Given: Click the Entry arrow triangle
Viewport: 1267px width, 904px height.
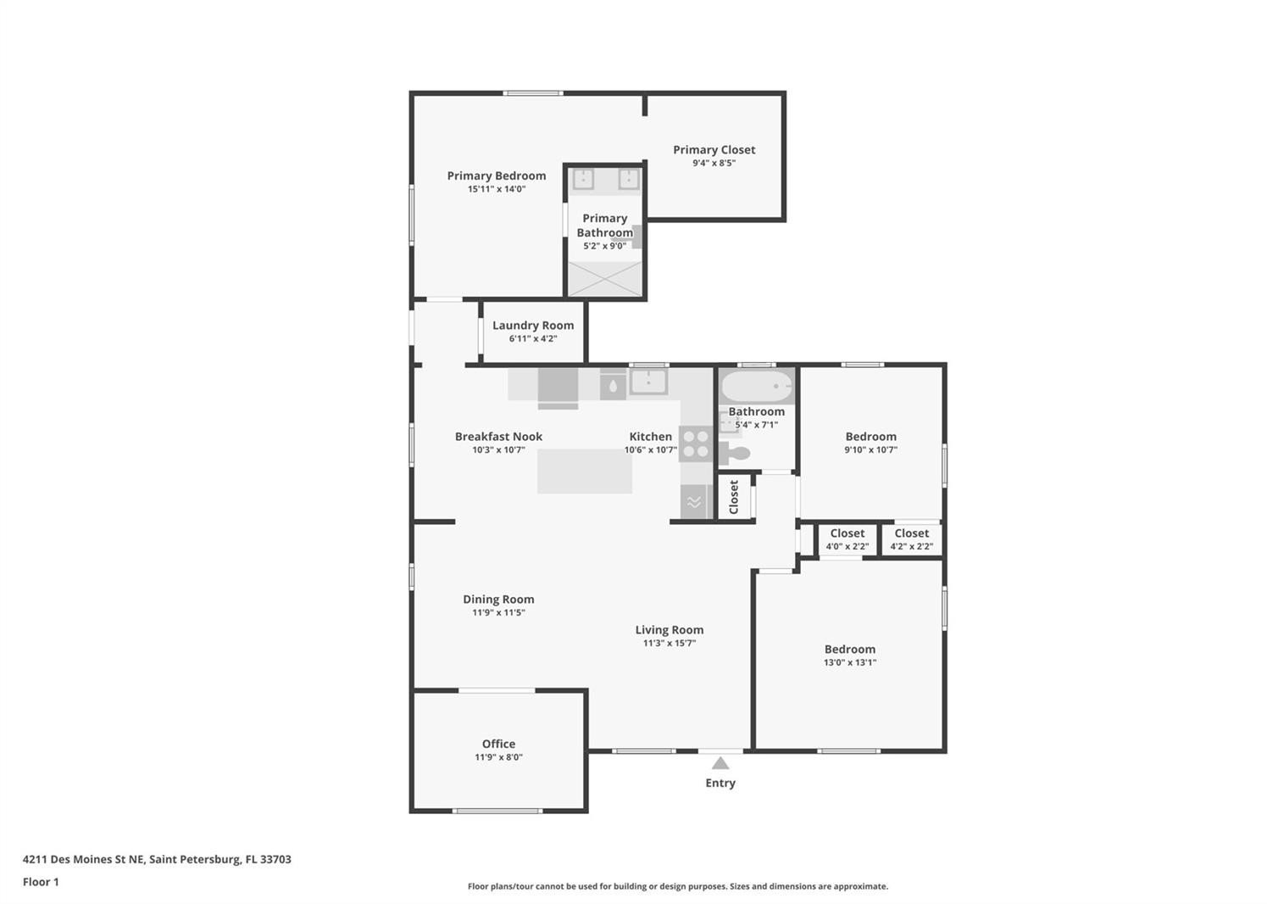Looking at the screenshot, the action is click(x=720, y=763).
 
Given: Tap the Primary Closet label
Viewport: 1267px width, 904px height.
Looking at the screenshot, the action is click(x=714, y=150).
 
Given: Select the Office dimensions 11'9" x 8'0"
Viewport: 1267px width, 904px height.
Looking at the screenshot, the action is click(x=498, y=757).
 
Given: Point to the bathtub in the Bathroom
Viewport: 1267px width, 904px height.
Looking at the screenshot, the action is click(x=757, y=386).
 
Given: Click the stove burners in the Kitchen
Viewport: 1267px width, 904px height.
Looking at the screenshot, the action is click(x=697, y=444).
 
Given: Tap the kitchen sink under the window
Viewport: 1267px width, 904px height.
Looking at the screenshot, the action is click(x=648, y=381).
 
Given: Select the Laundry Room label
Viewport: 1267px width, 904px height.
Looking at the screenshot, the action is click(x=533, y=326).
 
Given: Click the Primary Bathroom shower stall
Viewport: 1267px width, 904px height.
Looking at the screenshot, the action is click(x=604, y=278).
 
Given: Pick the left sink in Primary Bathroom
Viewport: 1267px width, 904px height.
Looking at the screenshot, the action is click(x=583, y=180).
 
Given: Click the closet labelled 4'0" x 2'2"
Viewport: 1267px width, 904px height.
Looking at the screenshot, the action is click(x=847, y=539).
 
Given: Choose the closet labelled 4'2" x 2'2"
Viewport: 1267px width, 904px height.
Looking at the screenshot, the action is click(x=911, y=539).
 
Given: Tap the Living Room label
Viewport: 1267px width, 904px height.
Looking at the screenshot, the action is click(x=670, y=630).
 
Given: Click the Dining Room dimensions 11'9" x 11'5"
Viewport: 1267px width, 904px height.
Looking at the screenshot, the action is click(x=498, y=612).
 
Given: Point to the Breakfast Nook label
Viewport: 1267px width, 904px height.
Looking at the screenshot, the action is click(x=498, y=437).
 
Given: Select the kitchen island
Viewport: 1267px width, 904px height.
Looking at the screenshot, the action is click(x=584, y=472).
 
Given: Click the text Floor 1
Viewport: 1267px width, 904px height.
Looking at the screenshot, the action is click(x=41, y=882).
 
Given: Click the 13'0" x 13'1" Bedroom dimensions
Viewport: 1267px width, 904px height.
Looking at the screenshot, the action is click(x=849, y=662).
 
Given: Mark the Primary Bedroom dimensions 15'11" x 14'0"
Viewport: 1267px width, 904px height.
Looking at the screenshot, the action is click(x=497, y=189).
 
